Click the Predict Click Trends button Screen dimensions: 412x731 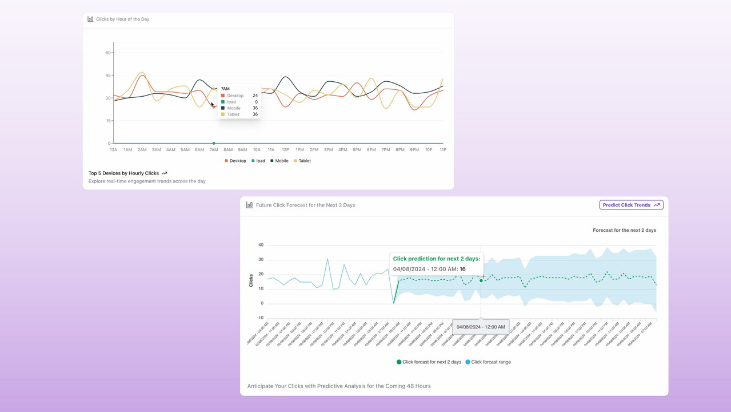click(x=631, y=205)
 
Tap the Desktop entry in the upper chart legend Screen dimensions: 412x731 click(x=235, y=161)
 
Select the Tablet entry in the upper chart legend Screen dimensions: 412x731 click(x=302, y=161)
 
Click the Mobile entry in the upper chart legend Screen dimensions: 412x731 click(x=279, y=161)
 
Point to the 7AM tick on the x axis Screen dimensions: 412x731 click(x=214, y=150)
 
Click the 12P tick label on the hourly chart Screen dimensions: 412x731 click(x=285, y=150)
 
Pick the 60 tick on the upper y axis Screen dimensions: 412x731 click(x=108, y=53)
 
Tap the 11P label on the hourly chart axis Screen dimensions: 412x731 click(x=443, y=150)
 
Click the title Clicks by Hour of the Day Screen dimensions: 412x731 click(x=122, y=19)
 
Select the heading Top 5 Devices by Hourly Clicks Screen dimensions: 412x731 click(x=123, y=173)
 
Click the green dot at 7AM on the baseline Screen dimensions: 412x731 click(x=214, y=143)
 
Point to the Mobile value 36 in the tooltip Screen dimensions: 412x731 click(x=255, y=108)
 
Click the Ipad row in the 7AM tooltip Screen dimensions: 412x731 click(x=231, y=102)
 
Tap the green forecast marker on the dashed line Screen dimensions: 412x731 click(x=481, y=280)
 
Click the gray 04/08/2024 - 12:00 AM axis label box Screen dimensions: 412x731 click(x=481, y=327)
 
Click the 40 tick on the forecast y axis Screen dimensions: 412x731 click(x=261, y=245)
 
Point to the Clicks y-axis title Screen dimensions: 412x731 click(x=251, y=280)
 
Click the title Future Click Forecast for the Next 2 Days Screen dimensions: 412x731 click(x=305, y=205)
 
